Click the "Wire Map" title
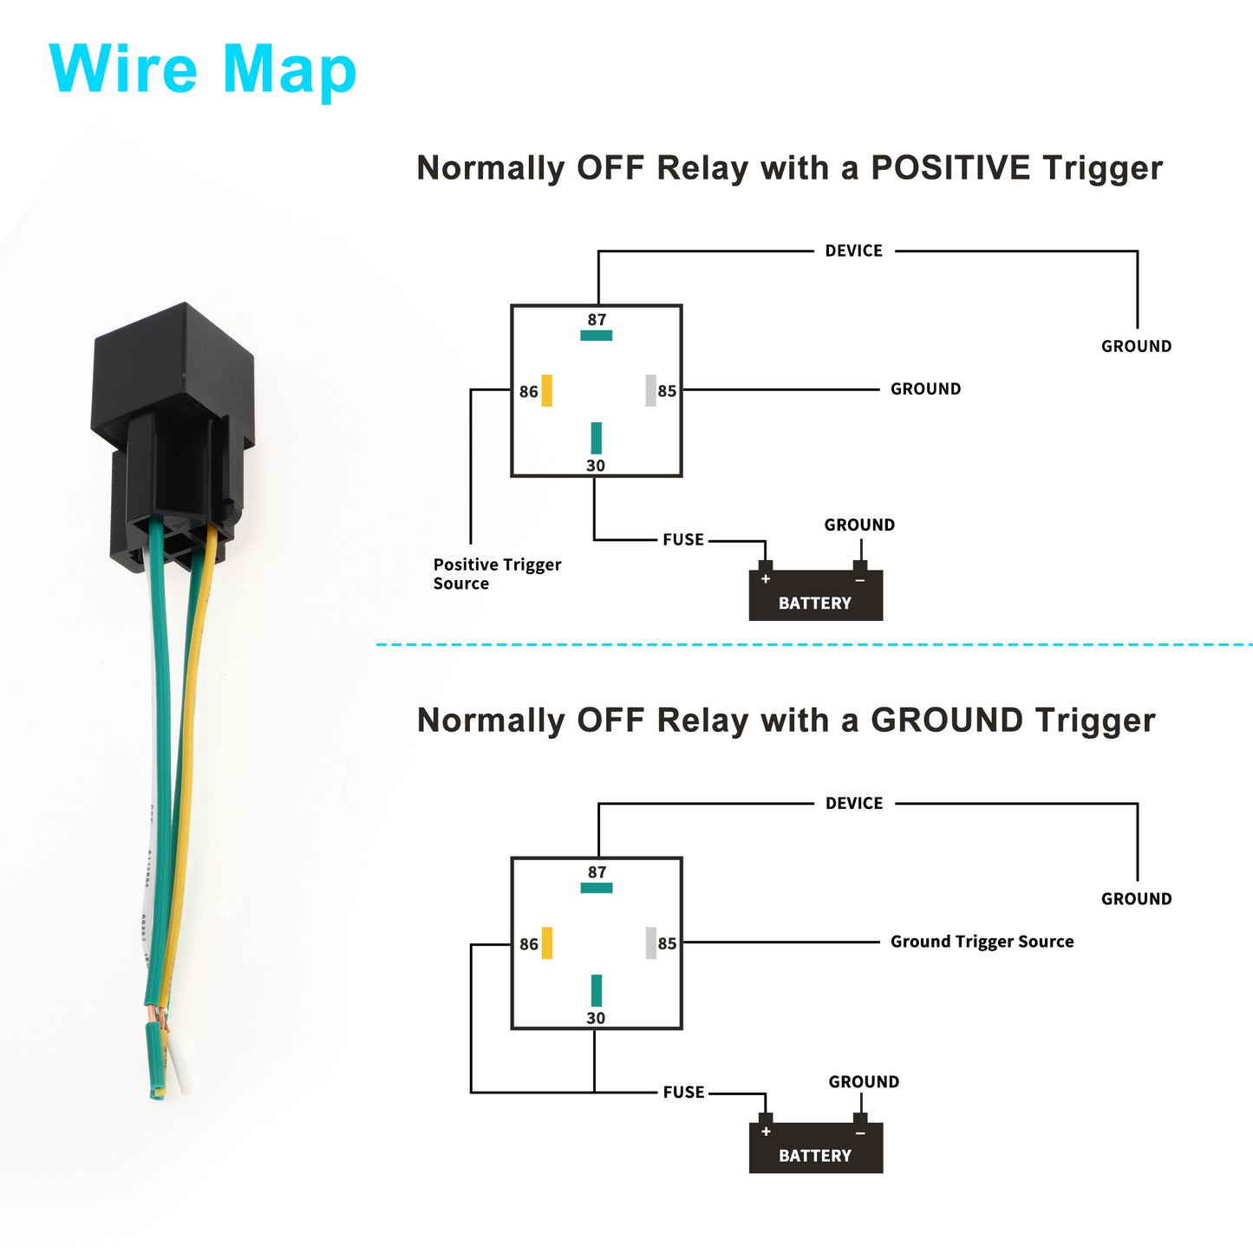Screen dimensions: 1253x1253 (x=202, y=70)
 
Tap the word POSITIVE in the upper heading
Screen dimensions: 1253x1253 (x=950, y=167)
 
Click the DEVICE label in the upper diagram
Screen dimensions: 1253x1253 (x=854, y=251)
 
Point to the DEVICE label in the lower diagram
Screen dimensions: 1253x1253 (x=854, y=804)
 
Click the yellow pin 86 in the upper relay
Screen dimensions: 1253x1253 (x=547, y=391)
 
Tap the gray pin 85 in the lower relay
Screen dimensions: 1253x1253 (x=651, y=943)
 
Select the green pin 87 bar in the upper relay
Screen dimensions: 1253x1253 (x=597, y=336)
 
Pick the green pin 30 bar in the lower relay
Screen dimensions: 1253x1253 (x=597, y=990)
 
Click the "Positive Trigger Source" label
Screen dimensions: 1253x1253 (x=498, y=573)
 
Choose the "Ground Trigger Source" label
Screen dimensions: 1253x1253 (x=982, y=942)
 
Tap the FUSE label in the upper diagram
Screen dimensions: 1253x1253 (x=683, y=539)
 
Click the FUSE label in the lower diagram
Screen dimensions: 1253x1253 (x=683, y=1093)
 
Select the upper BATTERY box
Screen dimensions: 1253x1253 (x=816, y=595)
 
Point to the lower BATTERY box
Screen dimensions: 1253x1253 (x=816, y=1148)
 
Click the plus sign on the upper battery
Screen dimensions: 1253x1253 (x=766, y=578)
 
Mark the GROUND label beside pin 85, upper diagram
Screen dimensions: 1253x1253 (x=925, y=388)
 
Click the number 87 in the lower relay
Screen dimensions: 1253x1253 (x=597, y=872)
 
